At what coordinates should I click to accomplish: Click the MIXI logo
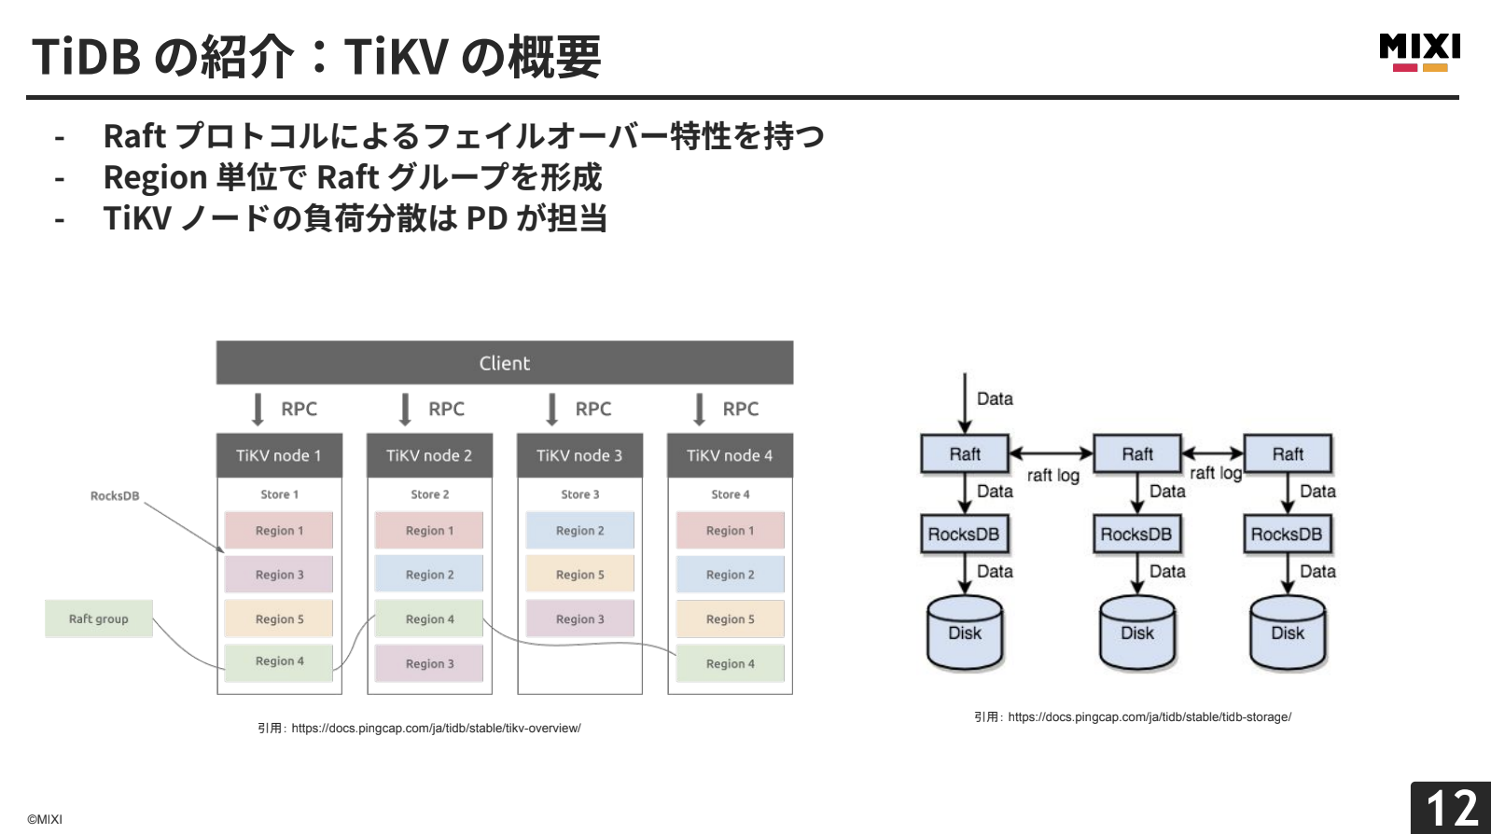1420,52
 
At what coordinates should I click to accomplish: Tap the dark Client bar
505,363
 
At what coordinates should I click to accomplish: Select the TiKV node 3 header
579,455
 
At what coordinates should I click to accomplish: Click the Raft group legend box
99,619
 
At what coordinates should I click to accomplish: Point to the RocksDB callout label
115,496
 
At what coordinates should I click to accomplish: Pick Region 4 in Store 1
279,661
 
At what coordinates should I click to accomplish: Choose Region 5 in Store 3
579,575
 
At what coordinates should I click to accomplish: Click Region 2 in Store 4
731,575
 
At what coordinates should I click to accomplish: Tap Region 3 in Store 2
429,663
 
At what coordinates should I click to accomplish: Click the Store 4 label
731,494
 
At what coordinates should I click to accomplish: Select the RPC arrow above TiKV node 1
258,410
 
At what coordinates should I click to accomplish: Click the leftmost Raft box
965,454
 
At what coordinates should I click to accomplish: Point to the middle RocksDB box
1136,534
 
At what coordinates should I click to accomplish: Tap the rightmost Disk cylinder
1288,632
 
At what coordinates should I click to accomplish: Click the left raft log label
1053,475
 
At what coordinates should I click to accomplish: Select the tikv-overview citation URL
436,729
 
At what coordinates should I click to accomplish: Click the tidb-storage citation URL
1150,716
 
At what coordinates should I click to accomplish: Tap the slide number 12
1452,808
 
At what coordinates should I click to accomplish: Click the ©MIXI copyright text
45,819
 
